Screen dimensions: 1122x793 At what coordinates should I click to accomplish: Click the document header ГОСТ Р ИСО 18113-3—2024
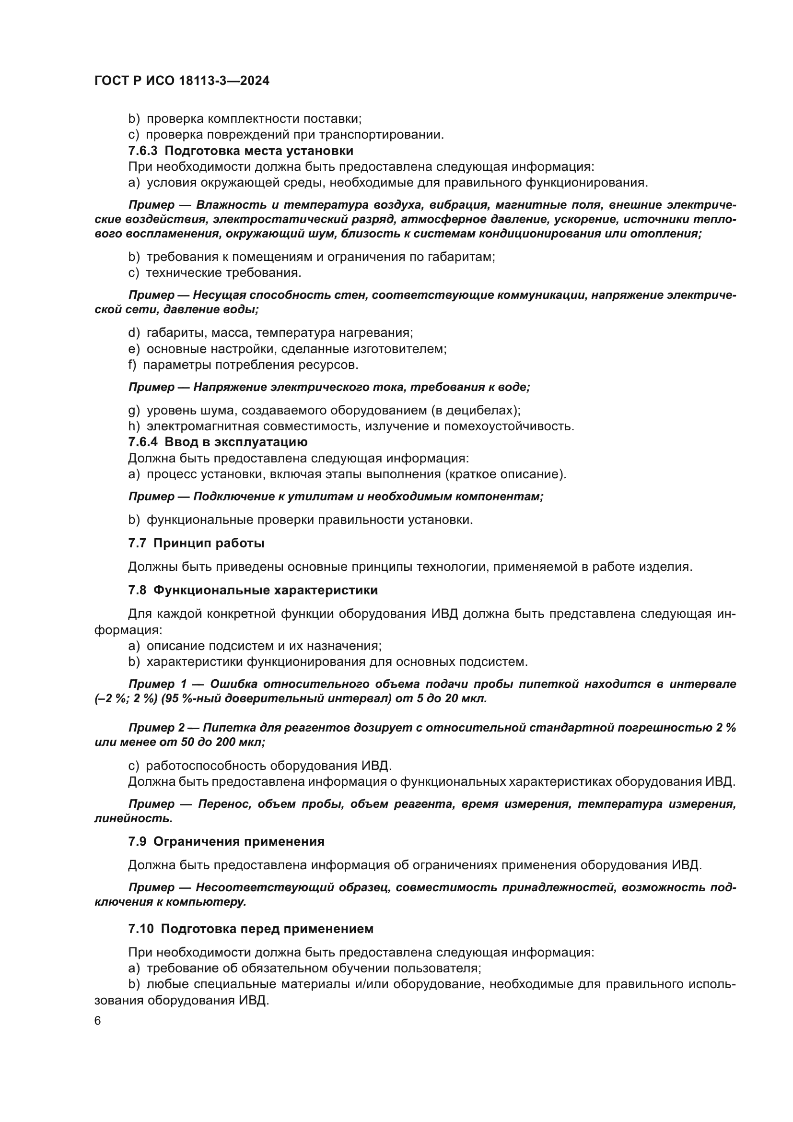click(182, 81)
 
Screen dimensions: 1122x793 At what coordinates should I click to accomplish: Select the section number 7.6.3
click(143, 151)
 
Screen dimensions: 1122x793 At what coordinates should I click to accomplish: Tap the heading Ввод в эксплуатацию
click(236, 442)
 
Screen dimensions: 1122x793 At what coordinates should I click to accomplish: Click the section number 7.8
click(137, 591)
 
